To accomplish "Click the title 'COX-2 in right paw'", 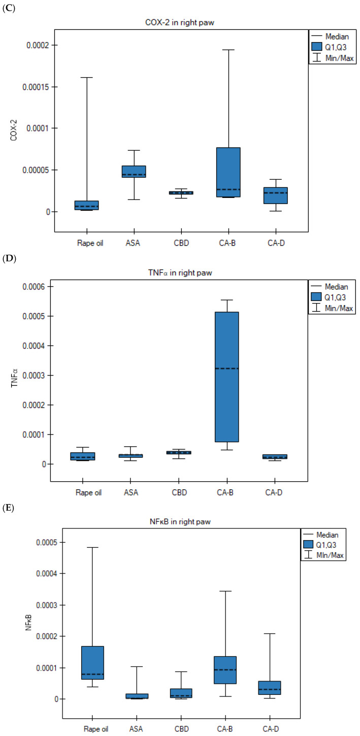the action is pyautogui.click(x=180, y=22).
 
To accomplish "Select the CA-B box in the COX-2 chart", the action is pyautogui.click(x=228, y=172).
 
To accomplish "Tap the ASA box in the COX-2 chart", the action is pyautogui.click(x=134, y=172).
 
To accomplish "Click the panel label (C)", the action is pyautogui.click(x=9, y=8).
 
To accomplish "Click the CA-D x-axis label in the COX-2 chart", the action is pyautogui.click(x=276, y=243).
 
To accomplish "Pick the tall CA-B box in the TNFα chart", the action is pyautogui.click(x=227, y=377).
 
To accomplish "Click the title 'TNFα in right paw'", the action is pyautogui.click(x=180, y=273).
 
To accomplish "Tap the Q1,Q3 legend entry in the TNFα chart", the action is pyautogui.click(x=329, y=297).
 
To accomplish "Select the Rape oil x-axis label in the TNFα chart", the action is pyautogui.click(x=88, y=492).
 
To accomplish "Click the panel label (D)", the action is pyautogui.click(x=9, y=258).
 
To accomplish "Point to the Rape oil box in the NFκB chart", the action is pyautogui.click(x=93, y=663).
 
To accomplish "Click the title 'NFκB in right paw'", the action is pyautogui.click(x=180, y=521).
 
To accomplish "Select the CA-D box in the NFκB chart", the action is pyautogui.click(x=270, y=688).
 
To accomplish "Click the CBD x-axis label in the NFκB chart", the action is pyautogui.click(x=181, y=729).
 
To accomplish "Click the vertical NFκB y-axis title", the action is pyautogui.click(x=28, y=622).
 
